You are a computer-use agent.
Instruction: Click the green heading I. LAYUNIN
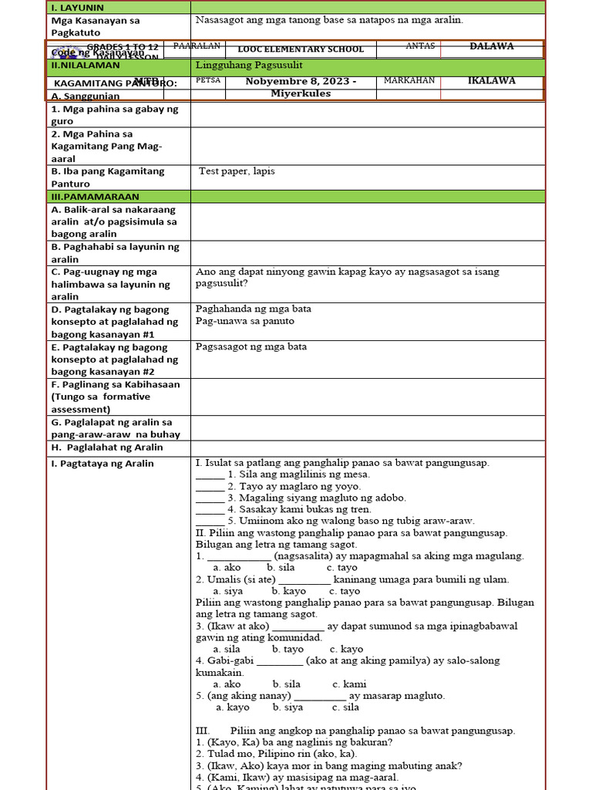point(76,7)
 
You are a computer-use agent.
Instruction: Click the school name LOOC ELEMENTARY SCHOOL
point(301,49)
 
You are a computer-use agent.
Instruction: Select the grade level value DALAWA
point(491,46)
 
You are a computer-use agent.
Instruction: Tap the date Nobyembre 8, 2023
point(301,82)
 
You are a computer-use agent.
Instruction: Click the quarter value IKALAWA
point(491,80)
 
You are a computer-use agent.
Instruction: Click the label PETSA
point(208,80)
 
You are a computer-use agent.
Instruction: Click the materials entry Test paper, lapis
point(237,170)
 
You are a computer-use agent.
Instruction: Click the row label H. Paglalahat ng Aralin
point(107,447)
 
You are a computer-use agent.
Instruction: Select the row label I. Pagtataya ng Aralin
point(103,464)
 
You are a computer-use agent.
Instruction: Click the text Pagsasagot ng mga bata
point(251,346)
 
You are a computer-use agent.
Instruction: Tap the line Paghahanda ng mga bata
point(254,309)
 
